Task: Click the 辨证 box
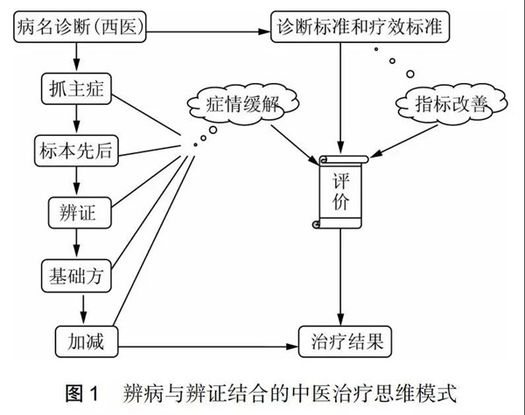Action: click(75, 210)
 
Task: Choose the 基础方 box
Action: click(75, 275)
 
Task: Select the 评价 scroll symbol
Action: click(340, 193)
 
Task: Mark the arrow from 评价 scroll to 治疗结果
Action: click(340, 280)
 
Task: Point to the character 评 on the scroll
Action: click(340, 180)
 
